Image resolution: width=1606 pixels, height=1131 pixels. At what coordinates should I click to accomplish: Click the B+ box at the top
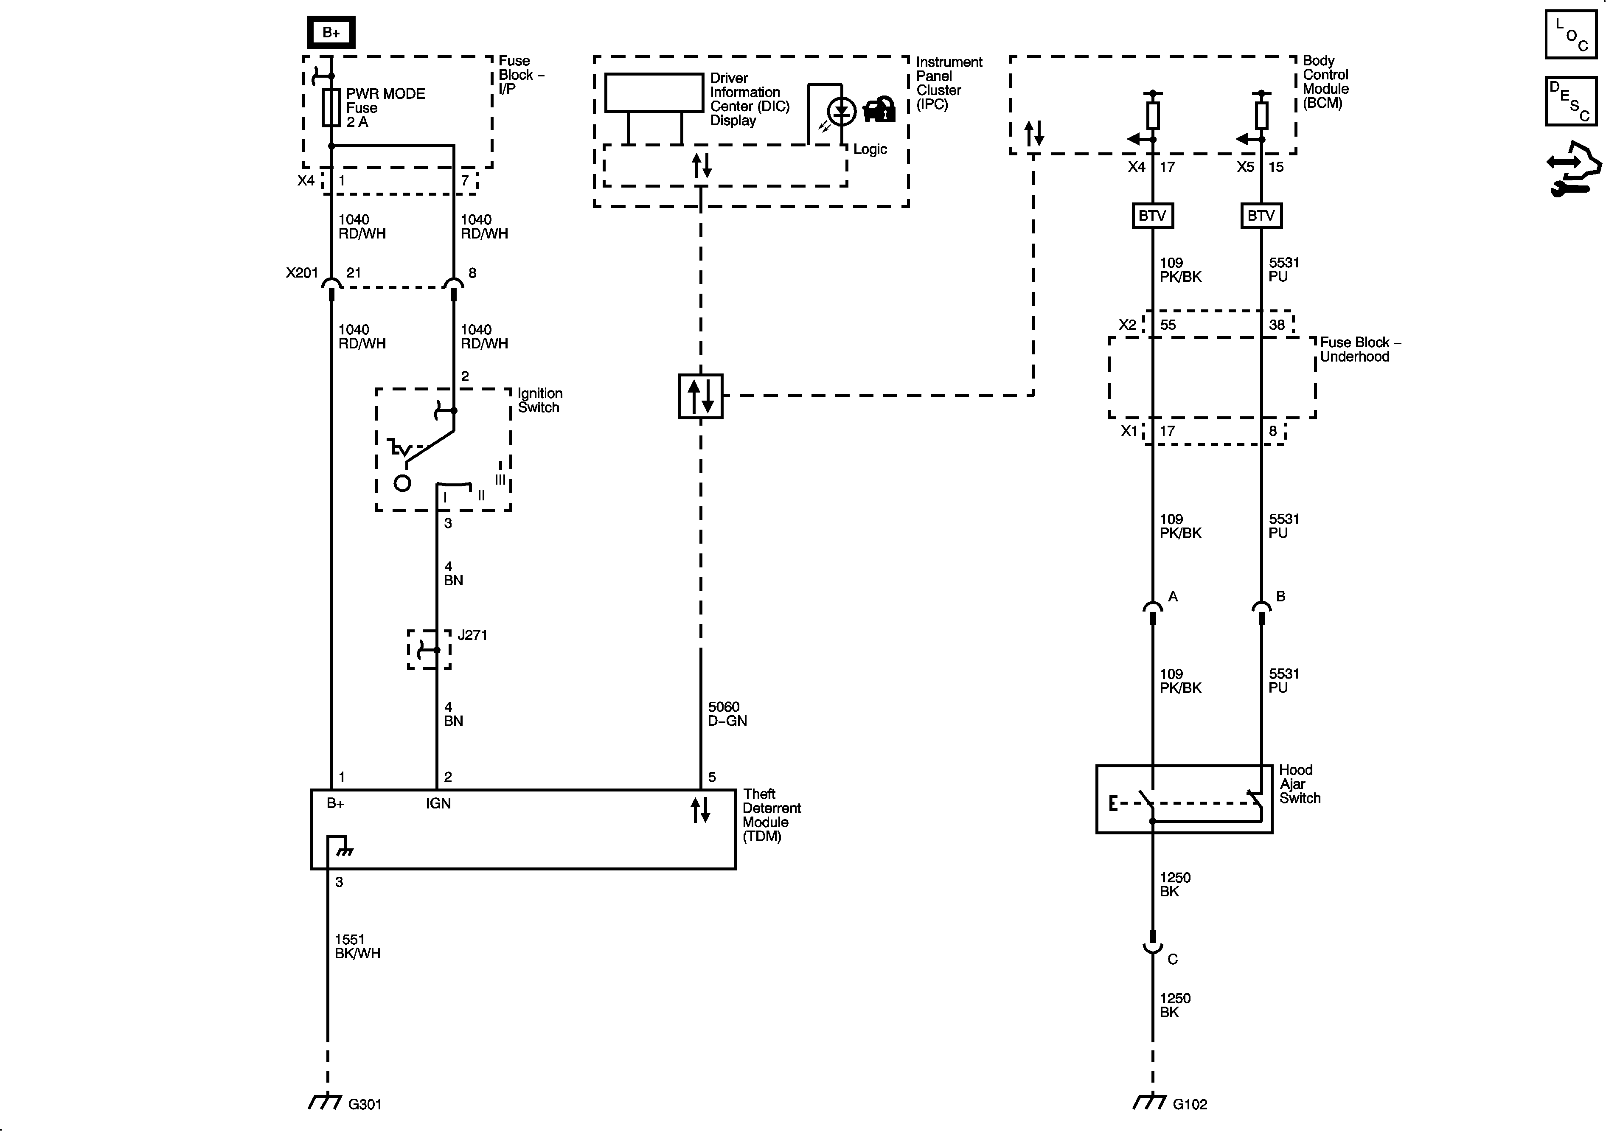[x=331, y=33]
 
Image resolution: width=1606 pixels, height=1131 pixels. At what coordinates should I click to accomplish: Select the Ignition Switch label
[x=539, y=400]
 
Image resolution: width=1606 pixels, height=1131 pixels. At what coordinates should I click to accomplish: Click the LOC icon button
[x=1570, y=34]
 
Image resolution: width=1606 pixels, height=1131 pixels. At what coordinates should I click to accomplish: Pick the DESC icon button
[x=1570, y=101]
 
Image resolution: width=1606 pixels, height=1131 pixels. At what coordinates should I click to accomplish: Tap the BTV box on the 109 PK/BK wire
[x=1152, y=216]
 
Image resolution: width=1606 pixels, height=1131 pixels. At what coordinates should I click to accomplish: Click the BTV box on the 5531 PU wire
[x=1261, y=216]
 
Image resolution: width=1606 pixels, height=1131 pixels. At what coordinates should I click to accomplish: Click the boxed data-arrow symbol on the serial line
[x=700, y=396]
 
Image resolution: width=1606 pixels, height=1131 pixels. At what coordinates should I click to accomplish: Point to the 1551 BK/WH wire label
[x=357, y=946]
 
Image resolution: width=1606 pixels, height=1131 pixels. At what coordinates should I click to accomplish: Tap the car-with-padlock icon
[x=879, y=110]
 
